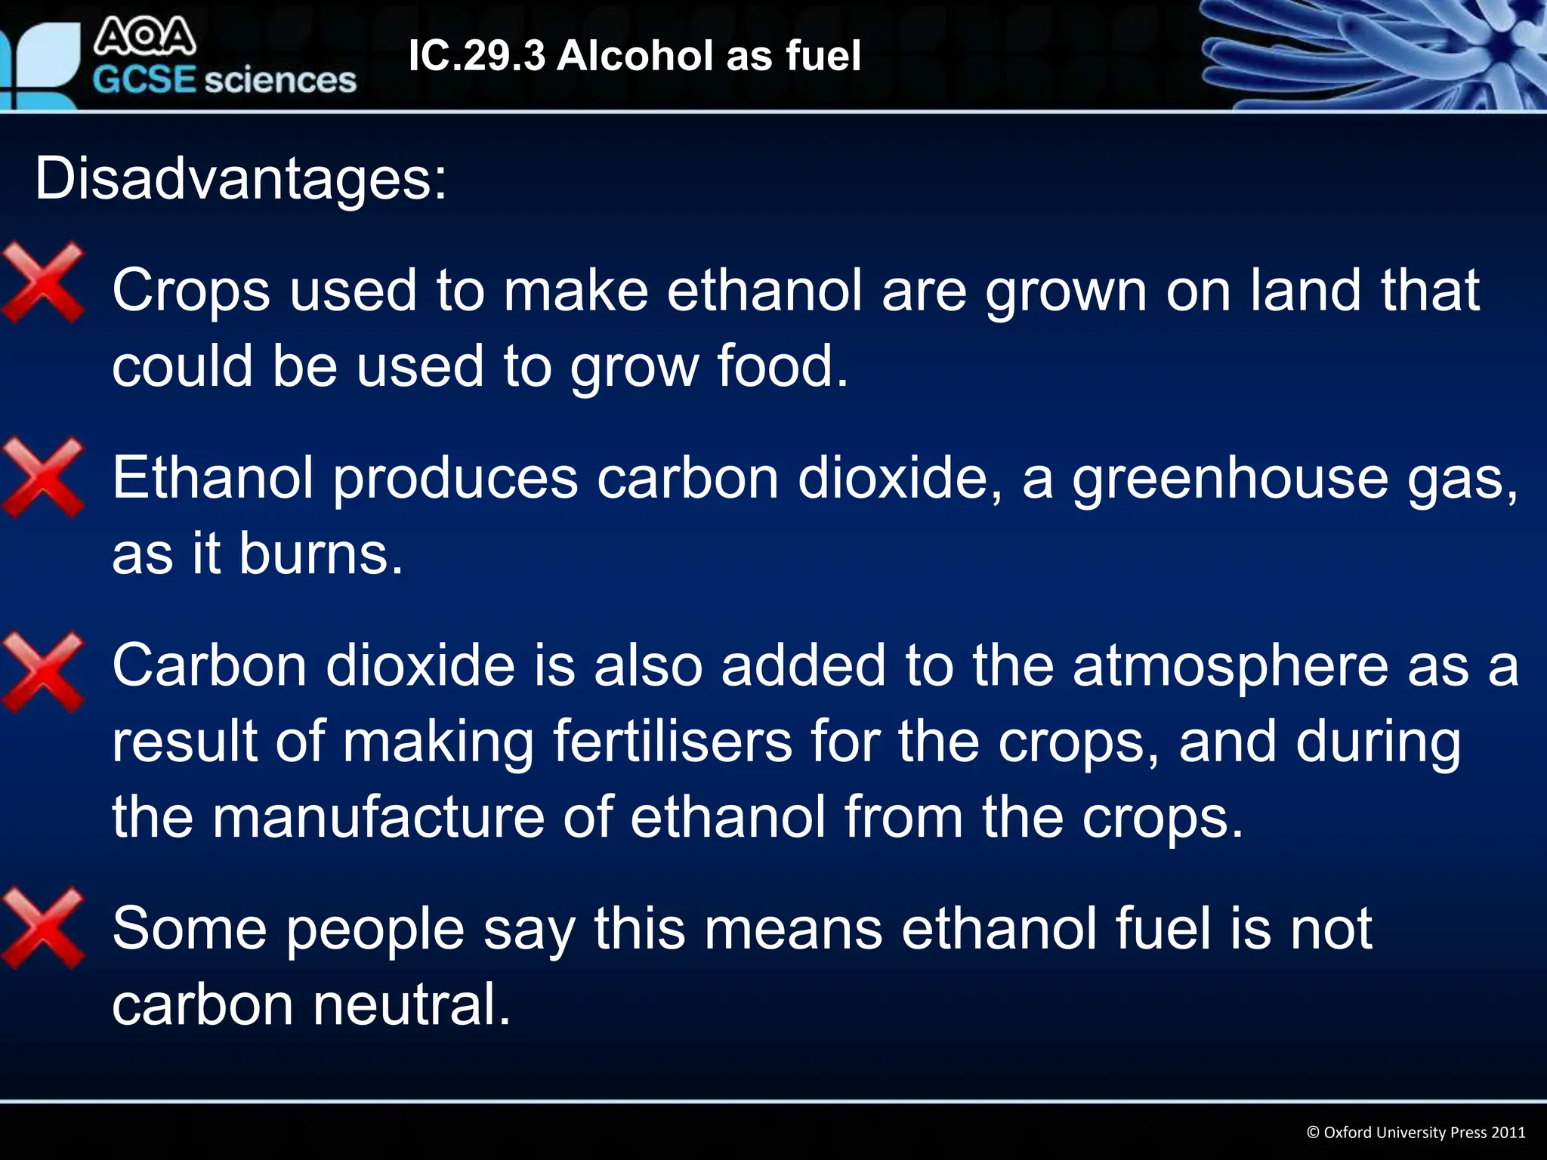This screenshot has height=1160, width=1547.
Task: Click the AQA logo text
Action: (145, 37)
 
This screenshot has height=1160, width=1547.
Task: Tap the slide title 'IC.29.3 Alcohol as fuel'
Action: (635, 56)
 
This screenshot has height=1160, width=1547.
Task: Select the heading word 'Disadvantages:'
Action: (241, 179)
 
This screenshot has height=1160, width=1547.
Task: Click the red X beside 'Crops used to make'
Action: (44, 282)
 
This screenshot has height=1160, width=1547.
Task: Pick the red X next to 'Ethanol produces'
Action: (44, 478)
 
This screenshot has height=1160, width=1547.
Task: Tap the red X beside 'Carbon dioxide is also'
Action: (44, 672)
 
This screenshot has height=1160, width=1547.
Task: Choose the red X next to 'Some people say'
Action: (44, 928)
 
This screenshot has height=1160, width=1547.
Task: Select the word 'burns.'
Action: (322, 554)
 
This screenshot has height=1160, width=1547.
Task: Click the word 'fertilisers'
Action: (672, 742)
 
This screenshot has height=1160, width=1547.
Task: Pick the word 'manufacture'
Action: (378, 817)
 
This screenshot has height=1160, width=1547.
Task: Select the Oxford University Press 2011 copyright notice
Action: (1416, 1132)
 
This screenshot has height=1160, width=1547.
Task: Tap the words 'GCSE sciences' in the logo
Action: (224, 80)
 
